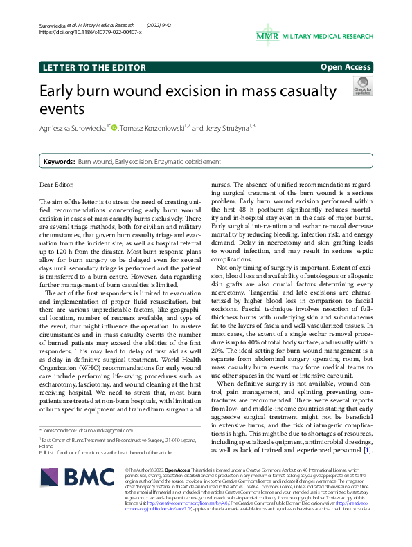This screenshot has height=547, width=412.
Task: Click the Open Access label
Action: click(x=346, y=67)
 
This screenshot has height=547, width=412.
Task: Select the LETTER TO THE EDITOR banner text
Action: click(x=94, y=68)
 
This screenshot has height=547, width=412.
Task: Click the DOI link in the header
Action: click(x=87, y=32)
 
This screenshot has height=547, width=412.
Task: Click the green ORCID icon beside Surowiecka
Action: click(x=114, y=127)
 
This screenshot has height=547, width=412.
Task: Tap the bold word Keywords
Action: click(x=59, y=161)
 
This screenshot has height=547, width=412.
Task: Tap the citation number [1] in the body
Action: click(x=367, y=451)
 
